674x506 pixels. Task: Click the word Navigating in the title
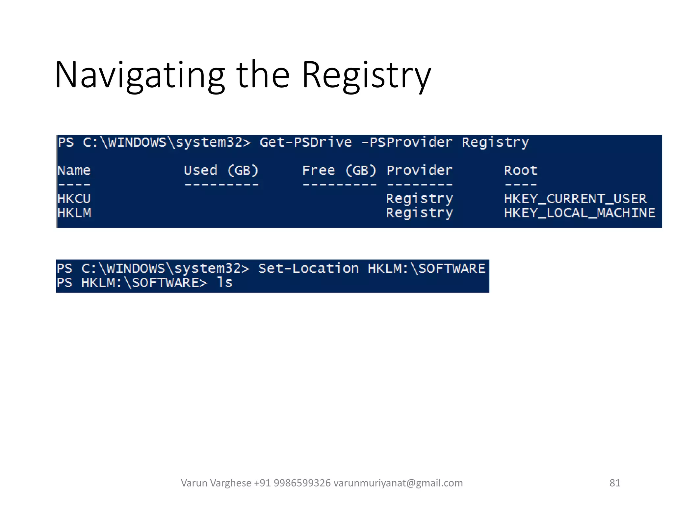click(x=140, y=75)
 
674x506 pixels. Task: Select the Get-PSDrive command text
click(x=306, y=142)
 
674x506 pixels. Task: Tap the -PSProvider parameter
click(x=407, y=142)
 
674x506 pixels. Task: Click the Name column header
click(x=74, y=170)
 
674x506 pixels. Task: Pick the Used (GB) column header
click(x=221, y=170)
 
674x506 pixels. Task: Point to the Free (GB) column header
click(x=339, y=170)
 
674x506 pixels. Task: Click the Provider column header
click(x=420, y=170)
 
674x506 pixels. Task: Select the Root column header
click(x=521, y=170)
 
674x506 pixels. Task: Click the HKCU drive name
click(x=74, y=199)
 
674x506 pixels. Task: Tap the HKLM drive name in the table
click(x=74, y=213)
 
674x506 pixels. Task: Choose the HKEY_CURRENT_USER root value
click(x=575, y=199)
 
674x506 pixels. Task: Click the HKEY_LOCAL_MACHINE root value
click(x=580, y=213)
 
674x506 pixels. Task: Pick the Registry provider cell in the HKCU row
click(x=420, y=199)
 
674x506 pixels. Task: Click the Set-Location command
click(x=308, y=268)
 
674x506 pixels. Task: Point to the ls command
click(x=225, y=283)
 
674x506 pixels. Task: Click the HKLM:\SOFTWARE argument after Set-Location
click(x=427, y=268)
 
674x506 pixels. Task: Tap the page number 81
click(x=615, y=483)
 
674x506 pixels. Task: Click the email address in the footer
click(x=398, y=483)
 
